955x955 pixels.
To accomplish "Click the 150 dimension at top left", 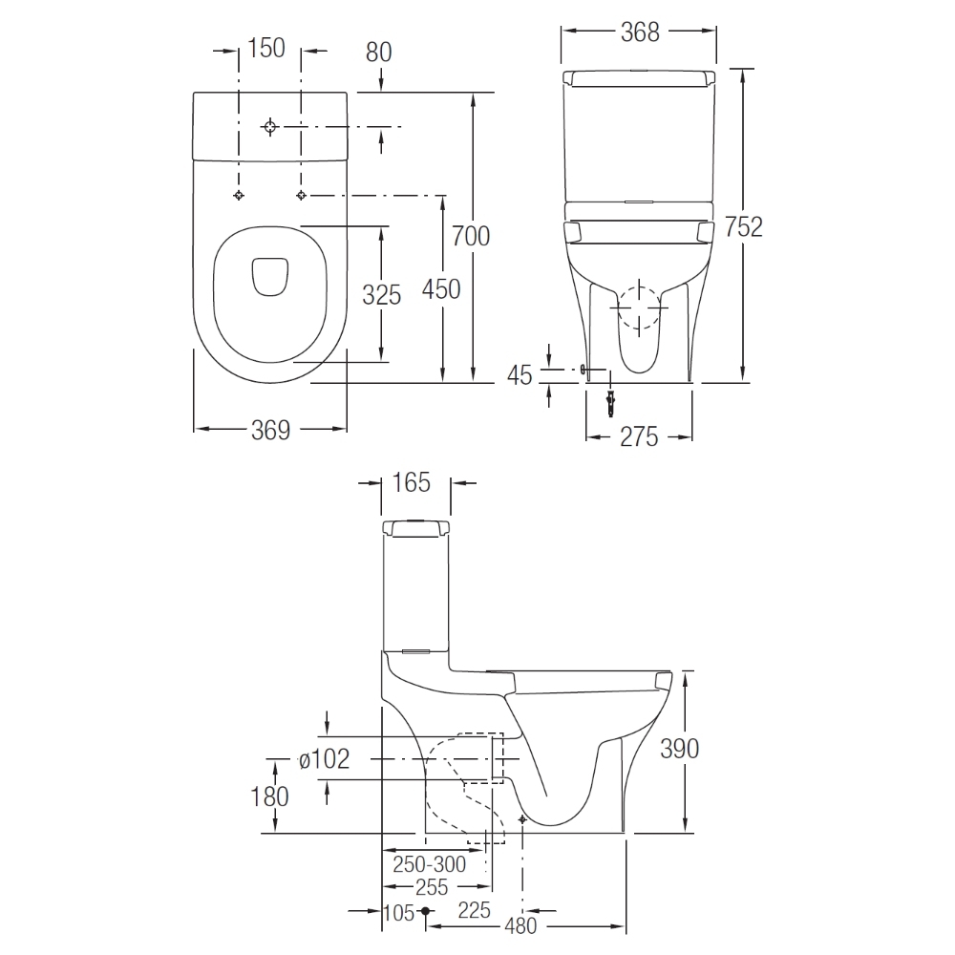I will click(x=266, y=48).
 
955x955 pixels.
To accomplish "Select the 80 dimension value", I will click(x=379, y=52).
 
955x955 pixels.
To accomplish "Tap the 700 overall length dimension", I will click(x=471, y=235).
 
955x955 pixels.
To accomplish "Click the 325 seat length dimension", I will click(x=381, y=295).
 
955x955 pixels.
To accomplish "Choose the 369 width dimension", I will click(x=270, y=431).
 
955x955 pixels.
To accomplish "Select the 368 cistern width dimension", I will click(x=640, y=32).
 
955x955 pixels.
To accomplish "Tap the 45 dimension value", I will click(x=520, y=375).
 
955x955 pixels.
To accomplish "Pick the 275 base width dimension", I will click(x=640, y=436).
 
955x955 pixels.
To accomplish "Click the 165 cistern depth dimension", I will click(x=412, y=482).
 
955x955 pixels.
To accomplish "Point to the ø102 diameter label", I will click(x=324, y=759).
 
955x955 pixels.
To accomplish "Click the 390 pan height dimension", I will click(x=679, y=748).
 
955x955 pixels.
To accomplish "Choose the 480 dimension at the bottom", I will click(x=520, y=925).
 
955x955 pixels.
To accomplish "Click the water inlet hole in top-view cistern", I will click(x=271, y=126).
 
